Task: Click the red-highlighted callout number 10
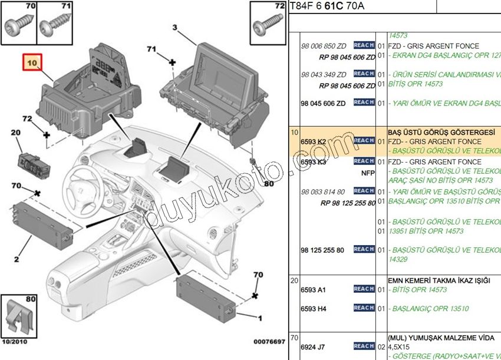click(31, 62)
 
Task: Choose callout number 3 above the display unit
click(175, 28)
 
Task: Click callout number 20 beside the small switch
click(16, 133)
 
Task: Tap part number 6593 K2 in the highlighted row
click(313, 142)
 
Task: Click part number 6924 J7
click(313, 347)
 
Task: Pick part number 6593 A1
click(313, 290)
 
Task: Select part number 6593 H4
click(313, 309)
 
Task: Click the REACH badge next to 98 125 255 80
click(364, 249)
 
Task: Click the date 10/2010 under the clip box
click(15, 342)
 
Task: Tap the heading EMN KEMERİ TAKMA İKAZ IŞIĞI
click(439, 280)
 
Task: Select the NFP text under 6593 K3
click(368, 174)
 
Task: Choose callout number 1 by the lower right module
click(259, 319)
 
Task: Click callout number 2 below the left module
click(17, 258)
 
